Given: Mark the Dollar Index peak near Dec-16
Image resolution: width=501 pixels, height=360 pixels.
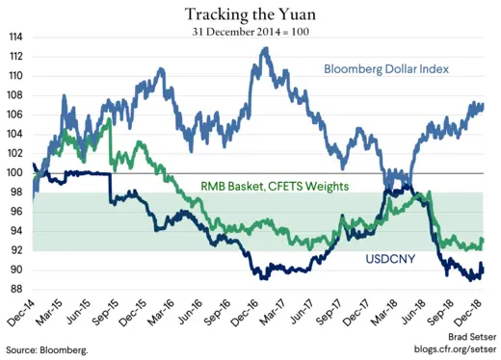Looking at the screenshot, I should coord(264,49).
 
